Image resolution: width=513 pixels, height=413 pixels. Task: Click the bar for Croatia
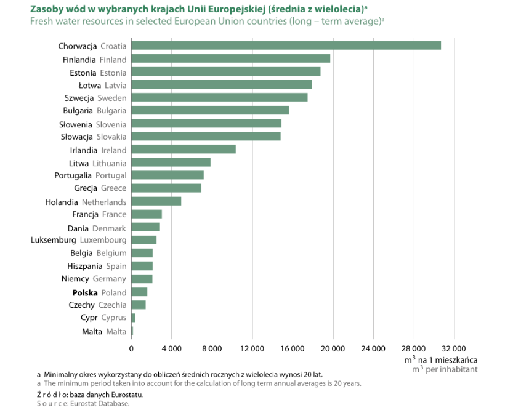click(286, 46)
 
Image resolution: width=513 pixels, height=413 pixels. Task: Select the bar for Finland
click(230, 58)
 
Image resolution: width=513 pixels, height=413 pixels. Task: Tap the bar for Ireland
click(184, 149)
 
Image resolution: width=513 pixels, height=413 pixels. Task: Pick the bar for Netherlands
click(156, 201)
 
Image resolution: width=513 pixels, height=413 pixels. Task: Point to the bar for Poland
click(139, 292)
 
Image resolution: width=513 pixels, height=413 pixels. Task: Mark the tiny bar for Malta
click(132, 331)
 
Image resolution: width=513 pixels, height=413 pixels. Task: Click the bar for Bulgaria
click(210, 110)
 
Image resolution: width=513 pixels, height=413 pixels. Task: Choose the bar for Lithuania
click(171, 162)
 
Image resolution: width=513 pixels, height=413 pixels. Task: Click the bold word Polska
click(85, 292)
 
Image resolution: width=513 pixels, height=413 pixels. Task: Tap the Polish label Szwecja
click(79, 98)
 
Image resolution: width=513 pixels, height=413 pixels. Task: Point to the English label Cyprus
click(113, 318)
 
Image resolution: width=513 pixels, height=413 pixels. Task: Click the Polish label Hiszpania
click(84, 267)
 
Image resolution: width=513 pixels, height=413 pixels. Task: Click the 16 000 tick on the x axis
click(293, 348)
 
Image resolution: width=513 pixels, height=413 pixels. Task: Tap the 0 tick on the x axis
click(131, 348)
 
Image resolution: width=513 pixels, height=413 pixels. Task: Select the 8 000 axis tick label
click(212, 348)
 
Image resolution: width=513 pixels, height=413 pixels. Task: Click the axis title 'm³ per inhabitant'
click(445, 369)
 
